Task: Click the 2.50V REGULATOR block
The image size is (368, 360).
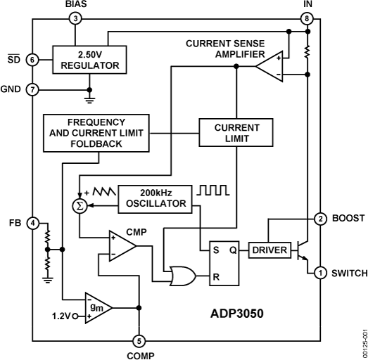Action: (89, 60)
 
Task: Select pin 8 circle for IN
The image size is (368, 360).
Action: (307, 19)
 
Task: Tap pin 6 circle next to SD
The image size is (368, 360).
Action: (32, 60)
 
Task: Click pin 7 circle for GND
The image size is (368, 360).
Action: (32, 89)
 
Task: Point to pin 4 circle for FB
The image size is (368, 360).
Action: (32, 223)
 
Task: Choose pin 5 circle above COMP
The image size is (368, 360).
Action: (139, 341)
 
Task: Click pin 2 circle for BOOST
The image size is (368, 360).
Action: (319, 219)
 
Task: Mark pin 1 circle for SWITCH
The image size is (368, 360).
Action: (319, 273)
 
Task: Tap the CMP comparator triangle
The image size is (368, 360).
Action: (119, 246)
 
